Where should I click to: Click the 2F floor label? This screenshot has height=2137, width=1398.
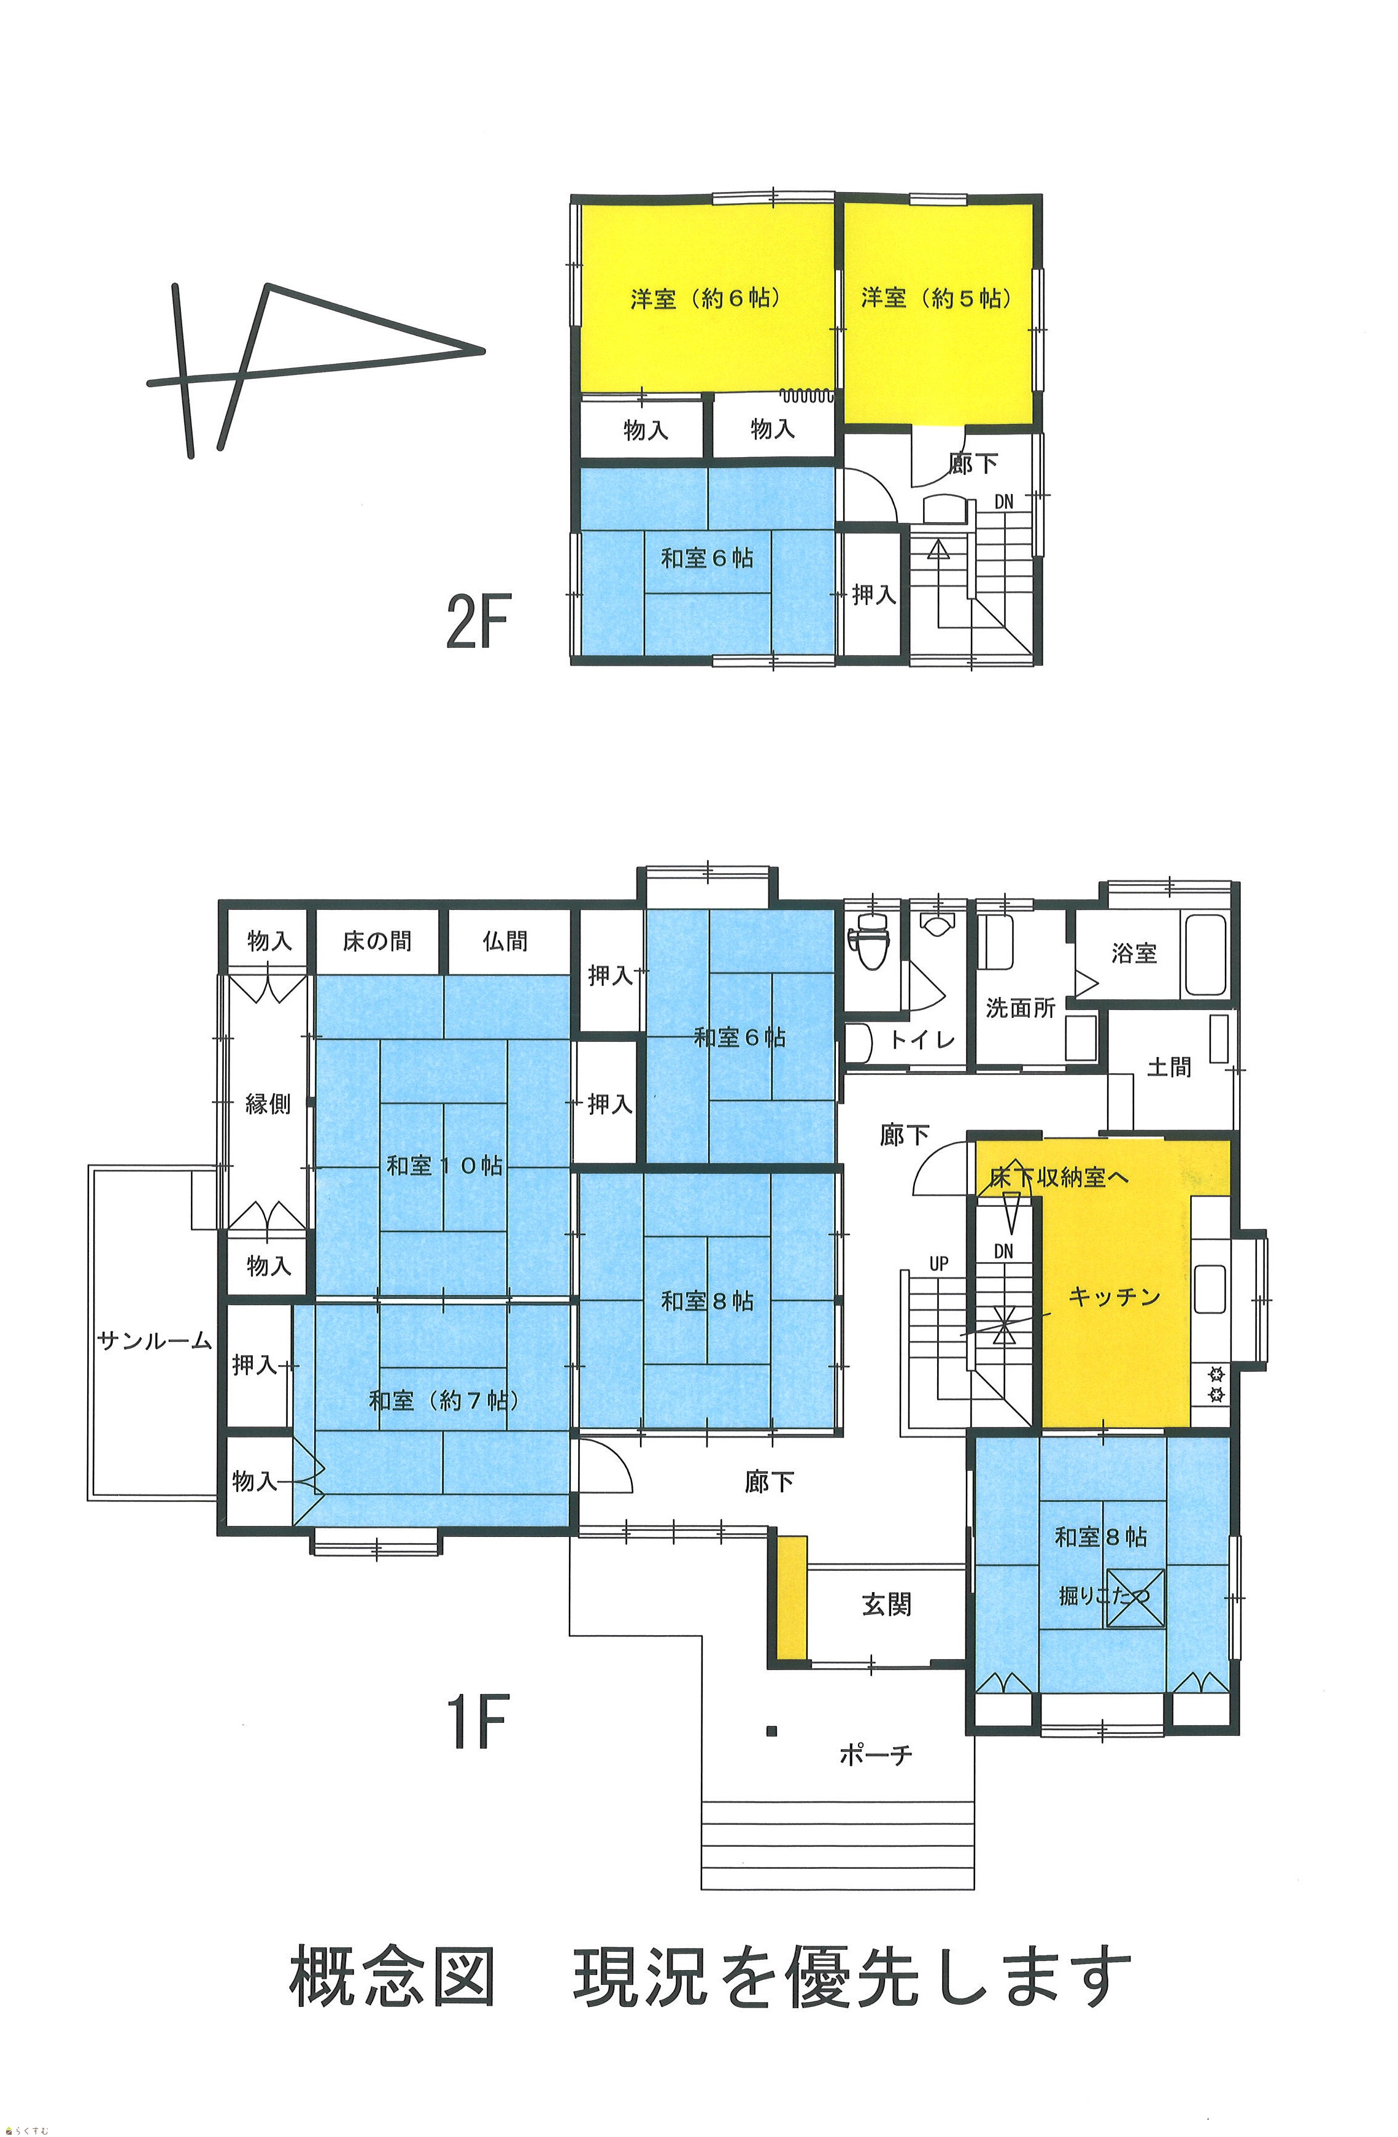tap(477, 623)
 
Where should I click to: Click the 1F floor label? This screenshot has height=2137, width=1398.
tap(477, 1720)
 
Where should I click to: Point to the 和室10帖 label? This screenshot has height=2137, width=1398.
tap(444, 1166)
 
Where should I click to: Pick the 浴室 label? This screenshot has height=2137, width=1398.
tap(1134, 953)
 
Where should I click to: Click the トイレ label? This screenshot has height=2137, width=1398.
tap(922, 1040)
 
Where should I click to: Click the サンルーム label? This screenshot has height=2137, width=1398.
tap(155, 1341)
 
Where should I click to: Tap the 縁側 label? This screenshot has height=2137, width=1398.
tap(268, 1104)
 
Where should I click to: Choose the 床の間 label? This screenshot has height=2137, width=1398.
tap(377, 941)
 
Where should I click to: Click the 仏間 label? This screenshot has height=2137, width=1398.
tap(504, 941)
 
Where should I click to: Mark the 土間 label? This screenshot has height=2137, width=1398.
tap(1169, 1067)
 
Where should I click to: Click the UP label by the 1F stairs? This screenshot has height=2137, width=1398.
tap(938, 1263)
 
